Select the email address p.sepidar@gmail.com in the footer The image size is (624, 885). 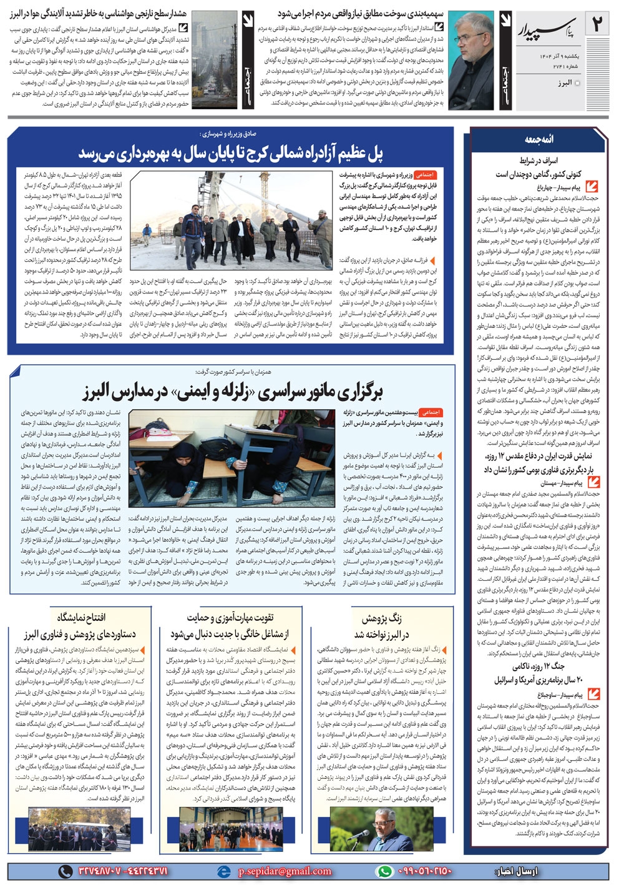pyautogui.click(x=285, y=871)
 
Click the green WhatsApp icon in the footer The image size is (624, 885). pyautogui.click(x=384, y=871)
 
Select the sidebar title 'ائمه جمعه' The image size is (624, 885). pyautogui.click(x=539, y=139)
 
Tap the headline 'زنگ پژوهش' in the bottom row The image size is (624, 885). pyautogui.click(x=382, y=618)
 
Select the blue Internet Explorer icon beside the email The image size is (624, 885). pyautogui.click(x=222, y=871)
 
